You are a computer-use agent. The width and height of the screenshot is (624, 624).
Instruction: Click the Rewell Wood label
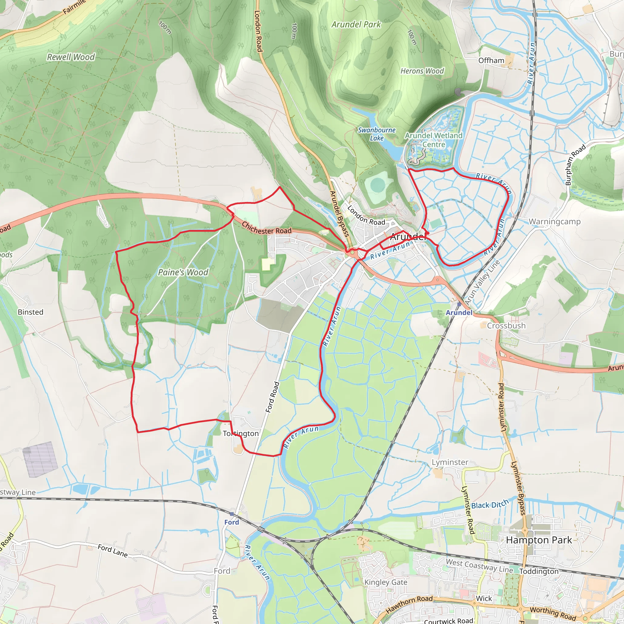(x=71, y=57)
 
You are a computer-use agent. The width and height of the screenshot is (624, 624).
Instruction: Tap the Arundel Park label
(x=356, y=25)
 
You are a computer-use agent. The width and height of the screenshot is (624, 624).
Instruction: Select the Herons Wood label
(x=422, y=71)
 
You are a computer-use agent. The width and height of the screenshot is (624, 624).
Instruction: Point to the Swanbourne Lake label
(x=377, y=134)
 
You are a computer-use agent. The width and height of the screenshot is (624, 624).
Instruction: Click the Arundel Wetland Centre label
(x=434, y=140)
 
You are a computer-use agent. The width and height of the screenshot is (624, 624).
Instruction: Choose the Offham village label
(x=491, y=61)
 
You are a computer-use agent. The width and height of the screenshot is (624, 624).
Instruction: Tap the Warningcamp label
(x=555, y=222)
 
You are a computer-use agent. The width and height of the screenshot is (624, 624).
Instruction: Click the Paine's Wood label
(x=183, y=272)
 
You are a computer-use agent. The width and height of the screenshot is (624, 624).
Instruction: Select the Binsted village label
(x=30, y=312)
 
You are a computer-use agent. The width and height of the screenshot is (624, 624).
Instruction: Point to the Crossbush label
(x=506, y=326)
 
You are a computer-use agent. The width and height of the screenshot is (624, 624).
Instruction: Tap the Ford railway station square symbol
(x=232, y=513)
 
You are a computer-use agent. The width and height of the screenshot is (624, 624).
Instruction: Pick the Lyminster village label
(x=450, y=463)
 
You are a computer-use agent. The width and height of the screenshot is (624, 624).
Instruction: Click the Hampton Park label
(x=539, y=540)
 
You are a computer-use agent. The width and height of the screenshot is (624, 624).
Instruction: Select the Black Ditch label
(x=490, y=505)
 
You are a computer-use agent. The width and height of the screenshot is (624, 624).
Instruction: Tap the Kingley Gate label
(x=386, y=582)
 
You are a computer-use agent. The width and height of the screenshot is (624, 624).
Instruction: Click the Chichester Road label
(x=267, y=228)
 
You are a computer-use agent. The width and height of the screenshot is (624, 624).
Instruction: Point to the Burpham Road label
(x=575, y=165)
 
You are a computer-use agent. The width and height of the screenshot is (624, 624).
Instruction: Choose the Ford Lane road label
(x=113, y=551)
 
